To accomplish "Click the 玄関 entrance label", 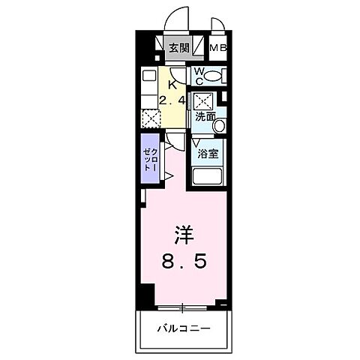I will (178, 49).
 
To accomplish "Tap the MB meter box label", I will (218, 49).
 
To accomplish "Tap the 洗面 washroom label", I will (205, 117).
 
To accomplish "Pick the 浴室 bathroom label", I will (208, 154).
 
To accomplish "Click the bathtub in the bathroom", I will (208, 177).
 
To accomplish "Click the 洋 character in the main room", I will (184, 236).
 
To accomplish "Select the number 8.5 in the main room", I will (184, 262).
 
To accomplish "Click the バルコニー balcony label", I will (184, 328).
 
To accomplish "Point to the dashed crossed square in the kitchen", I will (149, 117).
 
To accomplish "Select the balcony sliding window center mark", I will (182, 306).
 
